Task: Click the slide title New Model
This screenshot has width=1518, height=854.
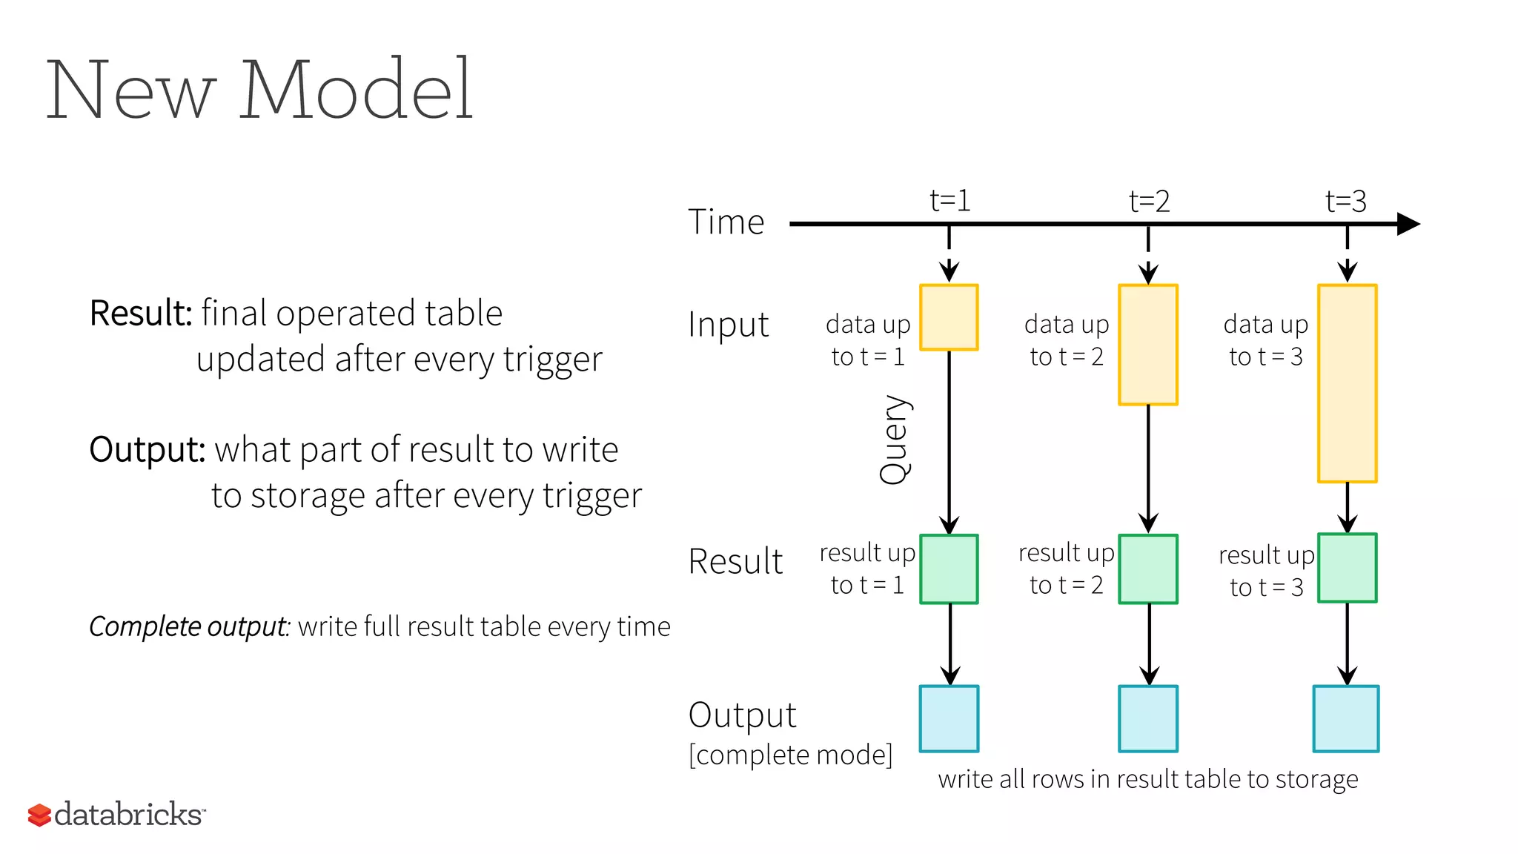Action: pyautogui.click(x=259, y=90)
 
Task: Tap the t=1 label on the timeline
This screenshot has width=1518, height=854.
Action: pyautogui.click(x=949, y=201)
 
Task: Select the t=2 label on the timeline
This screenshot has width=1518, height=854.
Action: pyautogui.click(x=1149, y=202)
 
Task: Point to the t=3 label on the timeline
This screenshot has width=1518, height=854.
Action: pyautogui.click(x=1345, y=202)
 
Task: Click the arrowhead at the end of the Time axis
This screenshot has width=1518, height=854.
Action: pyautogui.click(x=1408, y=224)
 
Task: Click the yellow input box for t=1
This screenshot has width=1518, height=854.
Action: pyautogui.click(x=949, y=317)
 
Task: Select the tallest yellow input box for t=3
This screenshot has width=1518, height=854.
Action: pyautogui.click(x=1347, y=383)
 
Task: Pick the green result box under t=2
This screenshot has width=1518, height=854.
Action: pyautogui.click(x=1148, y=569)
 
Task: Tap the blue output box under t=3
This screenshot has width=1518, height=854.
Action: pyautogui.click(x=1345, y=718)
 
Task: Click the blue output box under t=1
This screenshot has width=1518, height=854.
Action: pyautogui.click(x=949, y=718)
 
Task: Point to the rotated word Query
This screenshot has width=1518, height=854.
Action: pyautogui.click(x=895, y=440)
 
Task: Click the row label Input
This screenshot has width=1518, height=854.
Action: pyautogui.click(x=728, y=325)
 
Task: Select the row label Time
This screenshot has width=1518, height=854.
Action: pyautogui.click(x=726, y=222)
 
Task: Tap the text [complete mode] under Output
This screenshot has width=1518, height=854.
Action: pyautogui.click(x=790, y=755)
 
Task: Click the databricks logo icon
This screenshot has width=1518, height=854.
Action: pyautogui.click(x=39, y=815)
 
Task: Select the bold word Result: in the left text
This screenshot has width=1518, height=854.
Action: pyautogui.click(x=141, y=313)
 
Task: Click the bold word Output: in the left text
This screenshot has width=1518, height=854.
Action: pyautogui.click(x=147, y=449)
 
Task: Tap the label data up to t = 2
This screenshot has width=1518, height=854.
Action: pyautogui.click(x=1067, y=340)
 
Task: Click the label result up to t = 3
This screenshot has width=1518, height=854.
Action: pyautogui.click(x=1266, y=571)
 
